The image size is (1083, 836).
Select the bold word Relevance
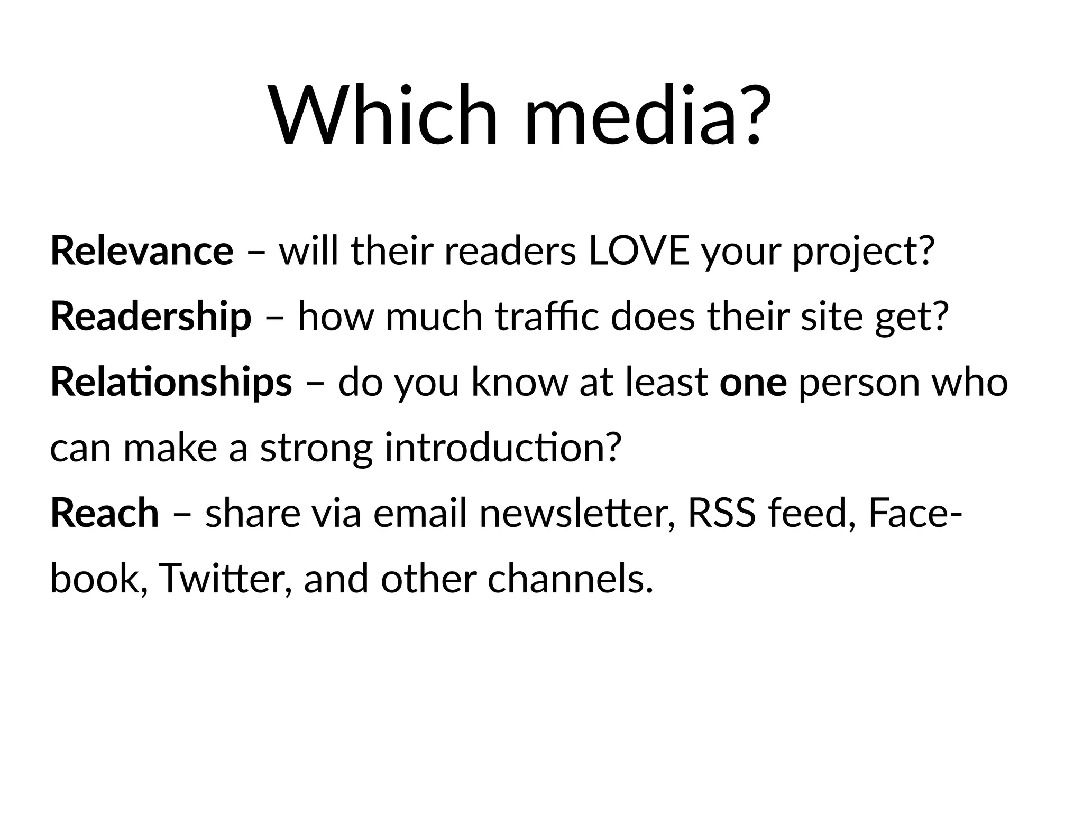click(142, 251)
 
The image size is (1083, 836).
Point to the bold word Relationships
click(171, 382)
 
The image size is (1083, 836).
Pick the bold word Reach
click(105, 513)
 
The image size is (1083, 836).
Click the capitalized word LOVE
click(639, 251)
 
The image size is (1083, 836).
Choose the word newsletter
click(577, 513)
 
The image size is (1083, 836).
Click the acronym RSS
click(722, 513)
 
